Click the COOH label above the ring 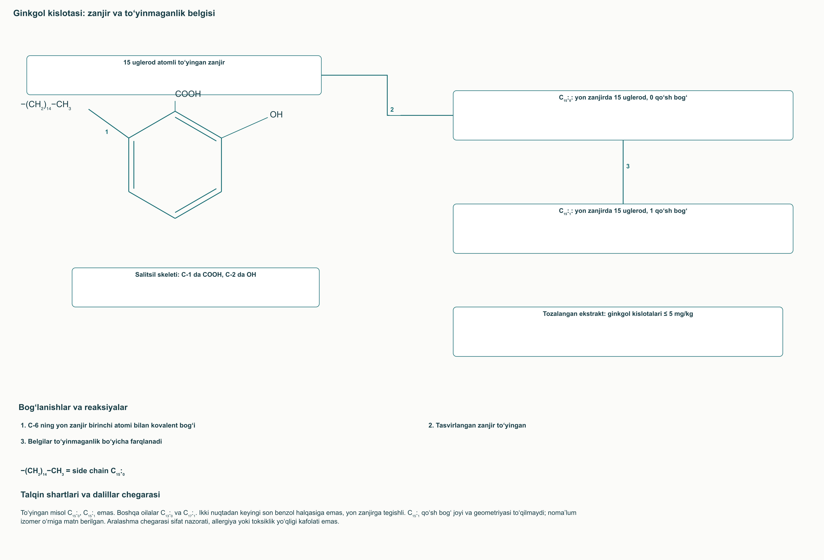coord(188,94)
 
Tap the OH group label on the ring coord(276,115)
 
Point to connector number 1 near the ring coord(106,132)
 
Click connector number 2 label coord(392,110)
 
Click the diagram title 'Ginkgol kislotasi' coord(114,13)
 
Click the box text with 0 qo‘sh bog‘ coord(623,98)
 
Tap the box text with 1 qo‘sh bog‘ coord(623,211)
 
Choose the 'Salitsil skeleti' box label coord(195,274)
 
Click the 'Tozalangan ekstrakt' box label coord(618,314)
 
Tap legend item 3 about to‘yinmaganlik coord(91,442)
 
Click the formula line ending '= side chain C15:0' coord(73,471)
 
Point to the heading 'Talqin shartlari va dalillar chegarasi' coord(90,495)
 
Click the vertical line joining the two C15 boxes coord(623,172)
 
